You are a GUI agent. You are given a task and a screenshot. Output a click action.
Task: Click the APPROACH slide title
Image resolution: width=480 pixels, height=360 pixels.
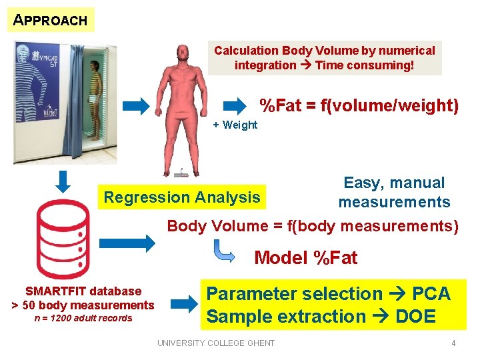coord(51,20)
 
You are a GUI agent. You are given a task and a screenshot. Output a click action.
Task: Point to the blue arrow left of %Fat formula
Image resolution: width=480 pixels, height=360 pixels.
coord(235,105)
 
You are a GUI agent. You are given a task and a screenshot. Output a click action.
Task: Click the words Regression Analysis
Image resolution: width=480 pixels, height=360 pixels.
coord(181,197)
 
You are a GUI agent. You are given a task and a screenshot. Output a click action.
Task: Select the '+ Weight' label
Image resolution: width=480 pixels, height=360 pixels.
coord(235,125)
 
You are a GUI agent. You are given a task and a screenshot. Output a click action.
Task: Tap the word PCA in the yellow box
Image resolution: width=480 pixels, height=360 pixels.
coord(431,294)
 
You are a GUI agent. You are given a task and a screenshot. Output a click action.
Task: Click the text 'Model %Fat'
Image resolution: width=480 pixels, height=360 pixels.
coord(306,258)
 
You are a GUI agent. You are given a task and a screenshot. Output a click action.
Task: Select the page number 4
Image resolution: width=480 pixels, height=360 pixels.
coord(453,343)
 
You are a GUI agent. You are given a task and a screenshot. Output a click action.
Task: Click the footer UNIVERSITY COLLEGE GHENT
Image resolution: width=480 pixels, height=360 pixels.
coord(215,343)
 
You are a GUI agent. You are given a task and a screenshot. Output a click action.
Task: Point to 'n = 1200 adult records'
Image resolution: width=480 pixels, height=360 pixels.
coord(83,318)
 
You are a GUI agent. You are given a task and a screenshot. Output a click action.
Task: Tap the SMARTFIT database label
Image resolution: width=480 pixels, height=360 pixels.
coord(83,291)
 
